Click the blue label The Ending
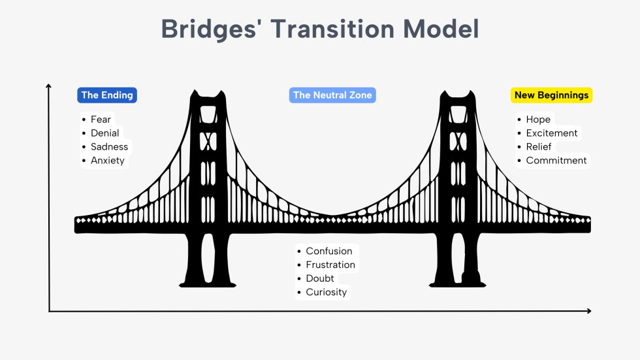[x=107, y=95]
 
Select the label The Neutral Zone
[x=332, y=95]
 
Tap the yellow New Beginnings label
[x=551, y=95]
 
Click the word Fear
[x=101, y=120]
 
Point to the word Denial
[x=104, y=133]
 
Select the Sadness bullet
[x=109, y=147]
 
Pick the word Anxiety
[x=107, y=161]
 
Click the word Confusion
[x=328, y=252]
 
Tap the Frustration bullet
[x=330, y=265]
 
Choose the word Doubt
[x=320, y=279]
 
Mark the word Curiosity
[x=326, y=293]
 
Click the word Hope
[x=538, y=120]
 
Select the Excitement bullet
[x=552, y=133]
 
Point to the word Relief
[x=539, y=147]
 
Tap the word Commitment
[x=556, y=161]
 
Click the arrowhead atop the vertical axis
[x=49, y=86]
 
